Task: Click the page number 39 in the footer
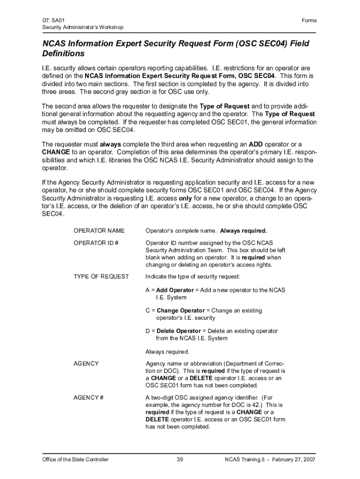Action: point(180,459)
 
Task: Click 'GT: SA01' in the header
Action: point(53,20)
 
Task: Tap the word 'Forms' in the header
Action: point(309,20)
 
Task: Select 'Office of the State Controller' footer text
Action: point(75,459)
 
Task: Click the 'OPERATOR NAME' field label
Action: point(99,231)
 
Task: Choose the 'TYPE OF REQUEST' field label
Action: point(101,276)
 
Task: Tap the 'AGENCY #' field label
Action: point(88,397)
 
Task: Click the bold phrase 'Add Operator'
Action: point(175,290)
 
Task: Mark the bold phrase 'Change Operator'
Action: point(180,311)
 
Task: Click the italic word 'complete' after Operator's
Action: point(187,231)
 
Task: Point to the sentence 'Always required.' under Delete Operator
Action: point(167,351)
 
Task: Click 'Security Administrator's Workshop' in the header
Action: point(83,27)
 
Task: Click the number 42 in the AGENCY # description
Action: point(255,405)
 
